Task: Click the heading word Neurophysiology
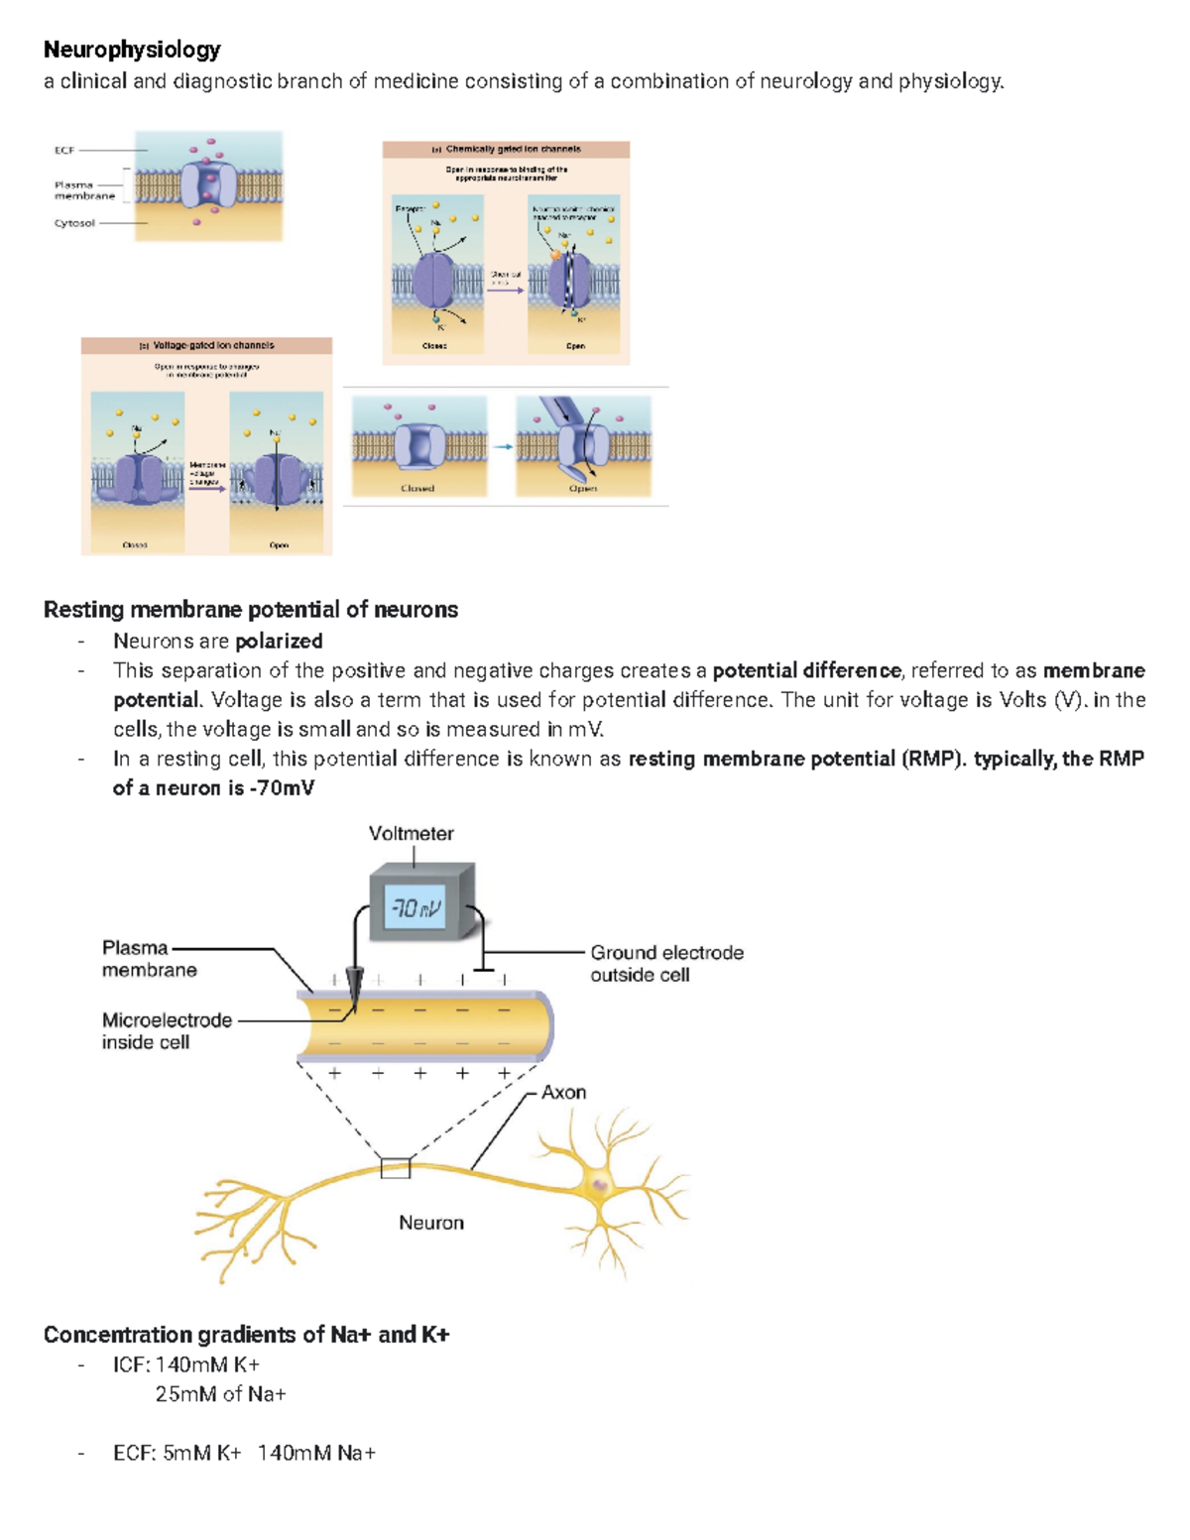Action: (132, 50)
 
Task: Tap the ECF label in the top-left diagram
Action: (64, 150)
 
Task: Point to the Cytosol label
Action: (74, 223)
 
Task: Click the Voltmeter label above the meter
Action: (411, 834)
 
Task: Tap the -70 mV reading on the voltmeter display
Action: (416, 907)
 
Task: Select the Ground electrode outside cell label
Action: (666, 963)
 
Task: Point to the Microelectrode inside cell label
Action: (166, 1030)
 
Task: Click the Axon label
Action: (563, 1092)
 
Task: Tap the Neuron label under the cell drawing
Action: (430, 1223)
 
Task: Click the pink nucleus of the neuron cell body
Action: (600, 1184)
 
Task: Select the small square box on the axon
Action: (396, 1168)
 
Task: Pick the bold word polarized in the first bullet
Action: (279, 641)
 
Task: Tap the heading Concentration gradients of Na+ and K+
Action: (246, 1335)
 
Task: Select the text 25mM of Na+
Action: (220, 1394)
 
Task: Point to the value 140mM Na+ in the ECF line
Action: (316, 1453)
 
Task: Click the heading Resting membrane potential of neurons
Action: (250, 610)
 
